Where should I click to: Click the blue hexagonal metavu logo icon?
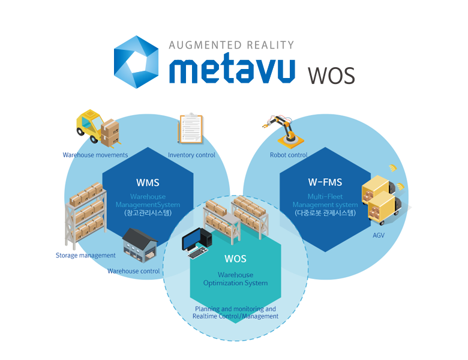pyautogui.click(x=137, y=62)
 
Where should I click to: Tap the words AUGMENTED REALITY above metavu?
pyautogui.click(x=232, y=45)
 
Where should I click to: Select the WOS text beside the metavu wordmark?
pyautogui.click(x=331, y=76)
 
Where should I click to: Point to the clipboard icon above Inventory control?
pyautogui.click(x=191, y=130)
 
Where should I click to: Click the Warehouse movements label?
pyautogui.click(x=95, y=155)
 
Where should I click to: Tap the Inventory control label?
pyautogui.click(x=191, y=155)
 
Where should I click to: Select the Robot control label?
pyautogui.click(x=289, y=155)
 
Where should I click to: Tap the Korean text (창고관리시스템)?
pyautogui.click(x=148, y=213)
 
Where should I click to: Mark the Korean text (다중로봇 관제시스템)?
pyautogui.click(x=325, y=213)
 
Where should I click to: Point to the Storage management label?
pyautogui.click(x=85, y=255)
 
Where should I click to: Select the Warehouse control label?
pyautogui.click(x=134, y=271)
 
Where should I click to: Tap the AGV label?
pyautogui.click(x=379, y=235)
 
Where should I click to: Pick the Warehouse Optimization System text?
pyautogui.click(x=235, y=279)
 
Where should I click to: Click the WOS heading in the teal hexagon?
pyautogui.click(x=235, y=260)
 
